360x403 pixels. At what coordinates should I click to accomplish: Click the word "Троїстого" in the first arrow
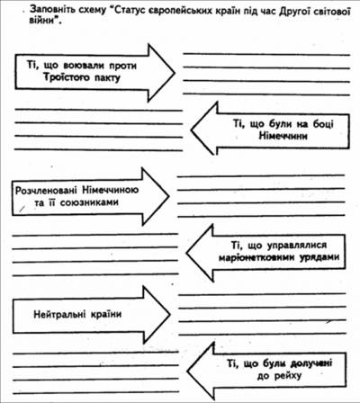67,77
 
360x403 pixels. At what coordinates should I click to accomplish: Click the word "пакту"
107,78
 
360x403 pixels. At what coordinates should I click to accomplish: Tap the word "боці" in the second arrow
323,124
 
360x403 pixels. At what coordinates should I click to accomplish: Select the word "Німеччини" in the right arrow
283,136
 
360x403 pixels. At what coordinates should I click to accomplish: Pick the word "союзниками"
89,202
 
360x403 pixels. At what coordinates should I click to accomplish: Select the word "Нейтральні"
58,314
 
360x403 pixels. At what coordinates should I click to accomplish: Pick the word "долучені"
311,363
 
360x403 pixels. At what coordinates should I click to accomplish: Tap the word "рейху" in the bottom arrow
288,376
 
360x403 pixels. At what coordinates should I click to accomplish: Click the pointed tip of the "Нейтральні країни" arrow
170,314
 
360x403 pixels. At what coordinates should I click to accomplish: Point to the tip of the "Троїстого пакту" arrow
175,73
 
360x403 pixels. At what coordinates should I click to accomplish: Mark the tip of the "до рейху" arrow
188,371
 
